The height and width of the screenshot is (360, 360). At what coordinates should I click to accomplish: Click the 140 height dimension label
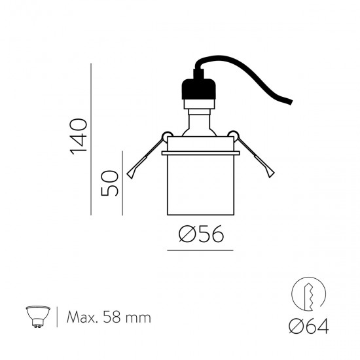[x=79, y=137]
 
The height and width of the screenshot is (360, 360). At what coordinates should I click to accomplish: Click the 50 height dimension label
[x=110, y=183]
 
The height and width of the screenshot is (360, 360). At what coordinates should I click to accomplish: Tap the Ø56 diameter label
[x=201, y=234]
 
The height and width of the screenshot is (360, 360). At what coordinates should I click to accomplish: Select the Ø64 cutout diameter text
[x=308, y=326]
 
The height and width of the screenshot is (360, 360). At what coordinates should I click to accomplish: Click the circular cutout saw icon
[x=308, y=294]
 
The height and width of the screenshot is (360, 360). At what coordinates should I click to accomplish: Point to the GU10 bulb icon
[x=38, y=316]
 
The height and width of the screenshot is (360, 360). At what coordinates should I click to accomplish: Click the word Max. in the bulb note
[x=82, y=317]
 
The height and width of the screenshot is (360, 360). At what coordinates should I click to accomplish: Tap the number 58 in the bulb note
[x=112, y=317]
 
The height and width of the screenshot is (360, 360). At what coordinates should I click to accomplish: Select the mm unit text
[x=138, y=319]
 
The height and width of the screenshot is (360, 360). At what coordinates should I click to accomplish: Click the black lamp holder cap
[x=199, y=89]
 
